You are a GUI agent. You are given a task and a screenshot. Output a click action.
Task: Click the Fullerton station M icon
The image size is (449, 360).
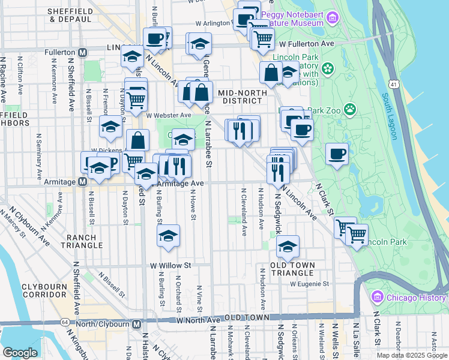pos(83,53)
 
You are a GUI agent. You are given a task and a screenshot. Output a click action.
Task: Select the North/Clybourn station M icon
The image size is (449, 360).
pos(136,325)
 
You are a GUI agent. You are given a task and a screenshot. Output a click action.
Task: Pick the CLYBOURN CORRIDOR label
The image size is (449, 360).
pos(44,291)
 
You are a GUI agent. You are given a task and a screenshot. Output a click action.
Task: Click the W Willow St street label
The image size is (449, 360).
pos(170,265)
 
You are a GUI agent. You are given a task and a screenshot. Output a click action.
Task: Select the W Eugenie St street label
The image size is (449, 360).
pos(310,284)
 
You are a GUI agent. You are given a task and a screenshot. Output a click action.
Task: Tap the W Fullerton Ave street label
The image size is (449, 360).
pos(310,44)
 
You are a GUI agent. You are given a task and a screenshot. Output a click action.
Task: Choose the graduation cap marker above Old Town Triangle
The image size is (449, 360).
pos(288,246)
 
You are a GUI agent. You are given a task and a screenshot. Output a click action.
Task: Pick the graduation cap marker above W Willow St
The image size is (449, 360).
pos(169,235)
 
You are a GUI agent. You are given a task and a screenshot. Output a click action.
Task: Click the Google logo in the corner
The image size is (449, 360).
pos(20,353)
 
